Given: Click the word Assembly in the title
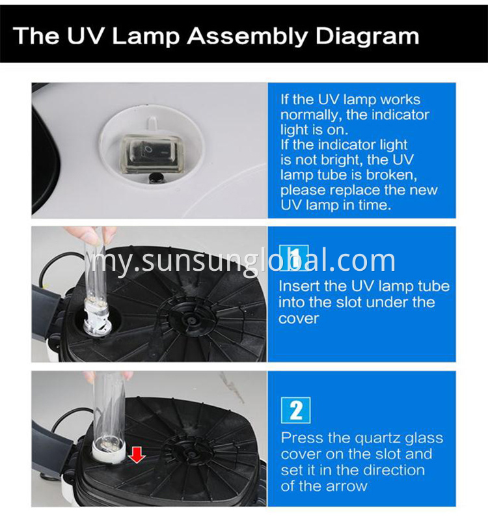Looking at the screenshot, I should click(x=237, y=36).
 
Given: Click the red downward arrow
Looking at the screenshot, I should click(x=137, y=454).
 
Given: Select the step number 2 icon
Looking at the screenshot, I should click(x=295, y=411).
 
